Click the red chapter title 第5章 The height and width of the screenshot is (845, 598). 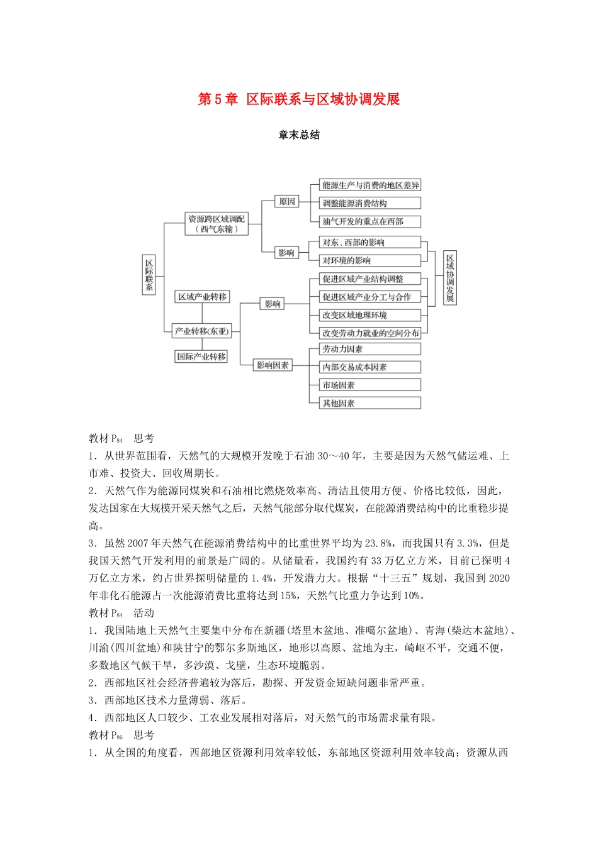click(x=218, y=99)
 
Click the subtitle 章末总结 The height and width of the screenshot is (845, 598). click(x=299, y=135)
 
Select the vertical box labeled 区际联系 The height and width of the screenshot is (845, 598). click(x=149, y=275)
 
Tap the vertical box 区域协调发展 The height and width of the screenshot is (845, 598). click(x=449, y=278)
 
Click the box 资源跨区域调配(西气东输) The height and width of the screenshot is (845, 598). click(x=217, y=224)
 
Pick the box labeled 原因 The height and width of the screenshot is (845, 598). click(x=287, y=201)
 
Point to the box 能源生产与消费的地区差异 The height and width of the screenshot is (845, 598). click(x=370, y=185)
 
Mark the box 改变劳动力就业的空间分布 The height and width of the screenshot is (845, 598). click(x=370, y=333)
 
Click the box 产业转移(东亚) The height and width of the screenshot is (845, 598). click(x=202, y=331)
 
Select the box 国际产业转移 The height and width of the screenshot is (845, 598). click(x=201, y=356)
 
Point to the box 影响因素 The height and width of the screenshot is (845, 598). click(x=273, y=365)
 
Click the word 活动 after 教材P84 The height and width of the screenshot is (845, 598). click(x=144, y=613)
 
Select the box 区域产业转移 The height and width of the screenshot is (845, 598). click(x=202, y=297)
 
